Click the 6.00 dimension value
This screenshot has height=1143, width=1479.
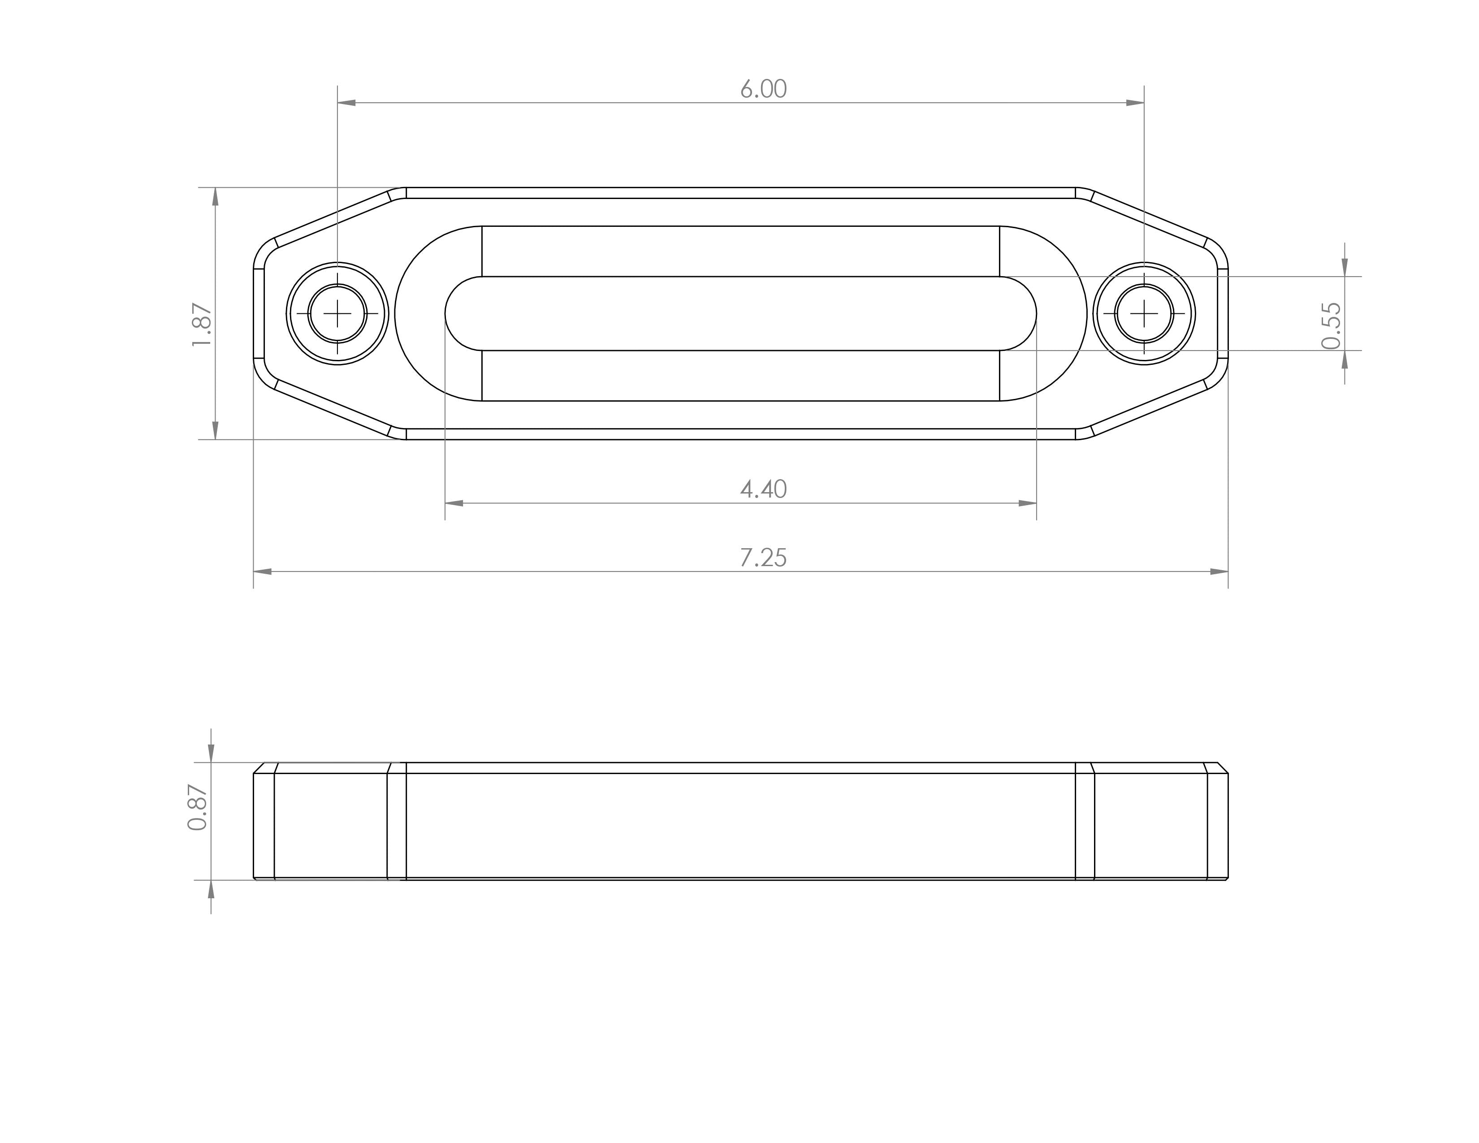(763, 89)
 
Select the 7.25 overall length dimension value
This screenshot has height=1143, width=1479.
(763, 558)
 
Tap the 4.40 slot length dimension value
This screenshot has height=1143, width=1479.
(763, 489)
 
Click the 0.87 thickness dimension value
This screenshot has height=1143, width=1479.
(198, 807)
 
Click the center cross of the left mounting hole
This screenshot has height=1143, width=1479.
(337, 313)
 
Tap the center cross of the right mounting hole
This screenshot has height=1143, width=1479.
(1144, 313)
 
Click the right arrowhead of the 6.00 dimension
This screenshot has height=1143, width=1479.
(1135, 103)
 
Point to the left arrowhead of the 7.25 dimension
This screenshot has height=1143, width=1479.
(263, 571)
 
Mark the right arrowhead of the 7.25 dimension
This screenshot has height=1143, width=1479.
(1219, 571)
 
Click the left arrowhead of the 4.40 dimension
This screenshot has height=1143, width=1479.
(454, 503)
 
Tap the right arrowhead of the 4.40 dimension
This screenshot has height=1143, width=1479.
(1027, 503)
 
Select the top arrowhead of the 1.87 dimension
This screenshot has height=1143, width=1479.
(215, 196)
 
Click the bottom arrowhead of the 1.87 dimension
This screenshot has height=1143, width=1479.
(215, 431)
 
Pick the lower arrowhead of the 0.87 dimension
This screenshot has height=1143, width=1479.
(211, 889)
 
